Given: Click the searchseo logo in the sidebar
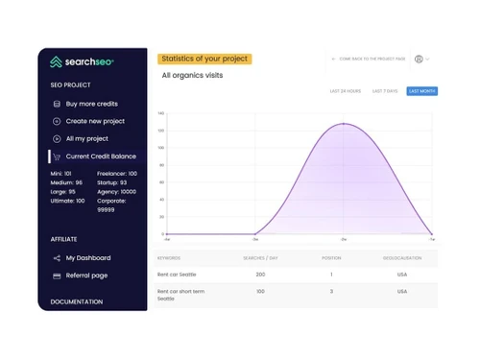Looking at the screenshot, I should (83, 62).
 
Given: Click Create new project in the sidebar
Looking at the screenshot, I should (95, 121).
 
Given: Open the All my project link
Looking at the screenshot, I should (86, 138).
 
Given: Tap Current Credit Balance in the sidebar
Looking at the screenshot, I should (101, 156).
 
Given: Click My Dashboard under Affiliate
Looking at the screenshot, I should (87, 257).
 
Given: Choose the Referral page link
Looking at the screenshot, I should (86, 276).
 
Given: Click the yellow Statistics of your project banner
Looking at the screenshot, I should (205, 59).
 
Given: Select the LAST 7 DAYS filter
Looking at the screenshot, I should (384, 91).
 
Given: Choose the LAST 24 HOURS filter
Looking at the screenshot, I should (345, 91).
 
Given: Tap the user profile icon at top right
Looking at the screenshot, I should (419, 59).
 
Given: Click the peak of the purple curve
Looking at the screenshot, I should (344, 124).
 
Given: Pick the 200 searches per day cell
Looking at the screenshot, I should (260, 275).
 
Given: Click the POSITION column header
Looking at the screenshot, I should (330, 257).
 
